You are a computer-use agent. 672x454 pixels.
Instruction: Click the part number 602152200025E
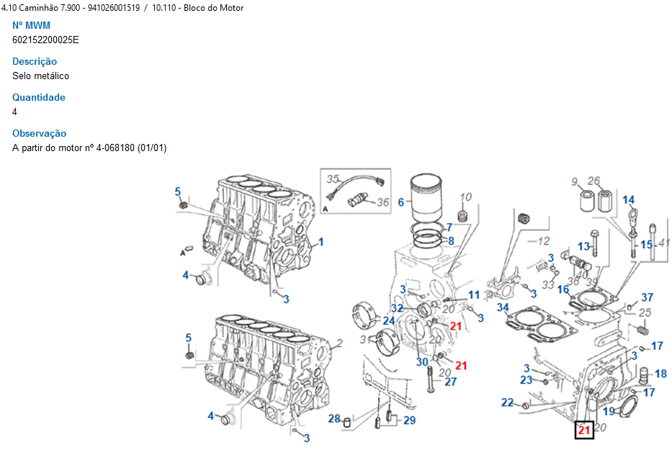pyautogui.click(x=45, y=40)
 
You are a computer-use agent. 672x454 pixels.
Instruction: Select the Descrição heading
pyautogui.click(x=35, y=62)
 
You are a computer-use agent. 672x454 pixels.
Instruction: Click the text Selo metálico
pyautogui.click(x=41, y=76)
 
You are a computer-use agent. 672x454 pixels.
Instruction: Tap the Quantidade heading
pyautogui.click(x=39, y=98)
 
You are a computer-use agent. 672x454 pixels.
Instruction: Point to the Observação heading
pyautogui.click(x=40, y=134)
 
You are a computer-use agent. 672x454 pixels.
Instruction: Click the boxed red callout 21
pyautogui.click(x=584, y=430)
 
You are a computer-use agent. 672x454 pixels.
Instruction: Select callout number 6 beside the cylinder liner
pyautogui.click(x=401, y=203)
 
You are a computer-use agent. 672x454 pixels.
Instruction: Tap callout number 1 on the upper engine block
pyautogui.click(x=321, y=242)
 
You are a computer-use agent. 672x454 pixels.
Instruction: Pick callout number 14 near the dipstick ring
pyautogui.click(x=629, y=200)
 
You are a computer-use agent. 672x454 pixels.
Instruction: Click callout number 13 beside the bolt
pyautogui.click(x=583, y=247)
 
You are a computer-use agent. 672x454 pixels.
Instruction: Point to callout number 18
pyautogui.click(x=660, y=374)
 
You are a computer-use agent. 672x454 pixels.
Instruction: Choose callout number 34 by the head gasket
pyautogui.click(x=503, y=308)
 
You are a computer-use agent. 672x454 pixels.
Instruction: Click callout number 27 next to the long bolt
pyautogui.click(x=450, y=382)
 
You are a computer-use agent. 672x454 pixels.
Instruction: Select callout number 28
pyautogui.click(x=334, y=419)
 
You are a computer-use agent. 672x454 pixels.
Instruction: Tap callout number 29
pyautogui.click(x=409, y=420)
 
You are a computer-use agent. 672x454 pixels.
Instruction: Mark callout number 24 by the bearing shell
pyautogui.click(x=389, y=321)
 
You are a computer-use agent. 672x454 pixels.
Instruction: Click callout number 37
pyautogui.click(x=647, y=298)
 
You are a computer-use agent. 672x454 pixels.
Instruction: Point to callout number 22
pyautogui.click(x=508, y=403)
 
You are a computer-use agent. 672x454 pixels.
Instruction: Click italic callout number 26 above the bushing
pyautogui.click(x=594, y=181)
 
